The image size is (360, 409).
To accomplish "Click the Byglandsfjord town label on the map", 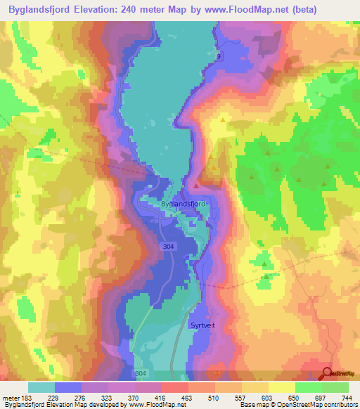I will [183, 203].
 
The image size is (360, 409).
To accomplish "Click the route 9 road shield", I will [218, 56].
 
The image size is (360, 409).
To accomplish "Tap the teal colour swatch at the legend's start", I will [41, 387].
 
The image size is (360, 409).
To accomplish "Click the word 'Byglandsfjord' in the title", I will [43, 10].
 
